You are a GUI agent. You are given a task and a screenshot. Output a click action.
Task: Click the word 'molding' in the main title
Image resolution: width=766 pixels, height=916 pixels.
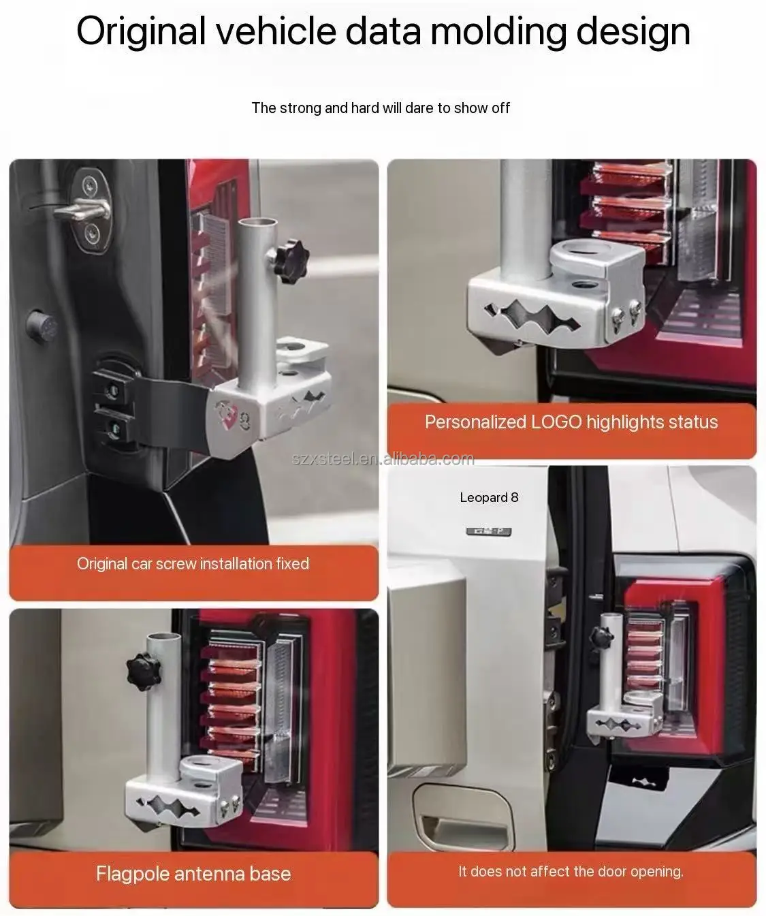click(498, 31)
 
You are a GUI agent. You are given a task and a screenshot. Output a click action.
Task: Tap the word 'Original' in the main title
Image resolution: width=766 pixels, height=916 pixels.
click(141, 31)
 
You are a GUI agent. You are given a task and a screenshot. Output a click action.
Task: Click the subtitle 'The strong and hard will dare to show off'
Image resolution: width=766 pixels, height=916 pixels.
click(381, 108)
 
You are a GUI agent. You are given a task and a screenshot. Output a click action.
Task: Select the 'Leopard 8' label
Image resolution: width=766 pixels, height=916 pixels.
click(489, 497)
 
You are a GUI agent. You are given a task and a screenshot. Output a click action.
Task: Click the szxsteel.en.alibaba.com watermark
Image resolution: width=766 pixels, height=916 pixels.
click(383, 459)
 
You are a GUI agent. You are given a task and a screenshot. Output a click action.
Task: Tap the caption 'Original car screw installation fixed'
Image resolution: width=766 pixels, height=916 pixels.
click(193, 564)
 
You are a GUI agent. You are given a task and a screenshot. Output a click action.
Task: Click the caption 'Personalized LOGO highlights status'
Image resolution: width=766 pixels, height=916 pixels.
click(571, 422)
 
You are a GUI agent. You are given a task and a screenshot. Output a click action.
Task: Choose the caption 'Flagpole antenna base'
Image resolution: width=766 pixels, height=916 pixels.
click(193, 874)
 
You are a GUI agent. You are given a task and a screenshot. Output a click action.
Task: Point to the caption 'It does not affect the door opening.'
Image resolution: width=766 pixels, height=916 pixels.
click(571, 871)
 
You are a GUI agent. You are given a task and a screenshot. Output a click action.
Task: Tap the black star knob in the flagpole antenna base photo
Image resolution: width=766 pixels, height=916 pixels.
click(144, 672)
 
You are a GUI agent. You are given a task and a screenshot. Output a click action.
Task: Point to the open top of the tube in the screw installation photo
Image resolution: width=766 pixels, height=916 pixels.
click(257, 223)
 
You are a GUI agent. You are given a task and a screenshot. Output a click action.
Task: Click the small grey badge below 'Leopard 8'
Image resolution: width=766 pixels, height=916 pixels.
click(489, 532)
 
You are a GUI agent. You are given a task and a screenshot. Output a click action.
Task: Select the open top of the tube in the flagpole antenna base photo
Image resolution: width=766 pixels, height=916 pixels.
click(163, 638)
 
